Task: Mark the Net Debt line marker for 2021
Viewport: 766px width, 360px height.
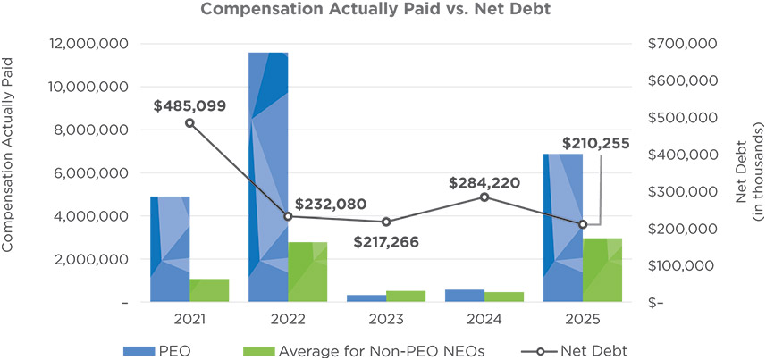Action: (189, 122)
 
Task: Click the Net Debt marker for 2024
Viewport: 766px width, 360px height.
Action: (484, 197)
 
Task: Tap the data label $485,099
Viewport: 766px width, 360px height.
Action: (189, 105)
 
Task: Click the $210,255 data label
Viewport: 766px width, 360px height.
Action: (596, 143)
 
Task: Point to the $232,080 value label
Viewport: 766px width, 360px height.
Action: (331, 204)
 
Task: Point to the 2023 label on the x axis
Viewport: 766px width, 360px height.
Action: (386, 320)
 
